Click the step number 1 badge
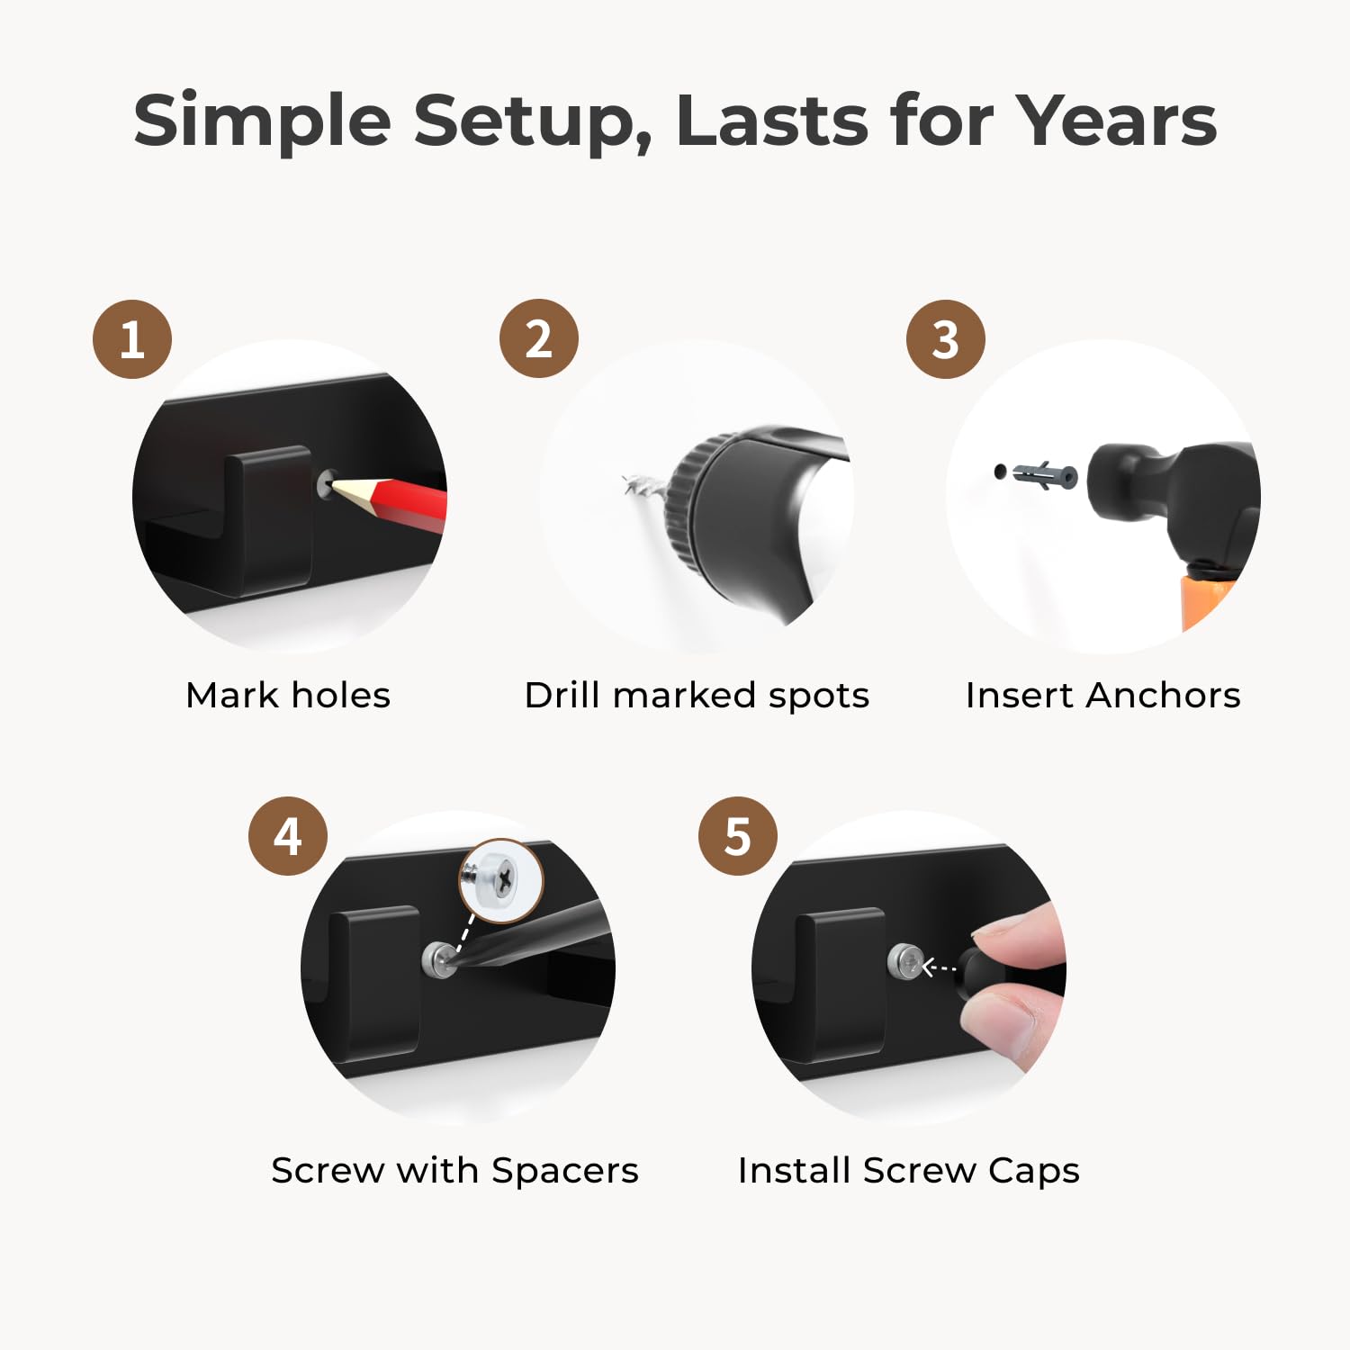click(x=132, y=339)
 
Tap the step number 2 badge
click(x=539, y=338)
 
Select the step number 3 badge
click(x=946, y=339)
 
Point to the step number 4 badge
click(x=288, y=836)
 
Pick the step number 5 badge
click(x=738, y=836)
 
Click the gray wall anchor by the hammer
click(x=1044, y=473)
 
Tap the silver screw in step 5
click(x=904, y=962)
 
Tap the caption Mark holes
click(x=288, y=695)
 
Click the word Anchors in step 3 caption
click(x=1163, y=695)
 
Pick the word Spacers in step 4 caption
click(x=565, y=1172)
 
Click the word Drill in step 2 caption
click(x=563, y=695)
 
